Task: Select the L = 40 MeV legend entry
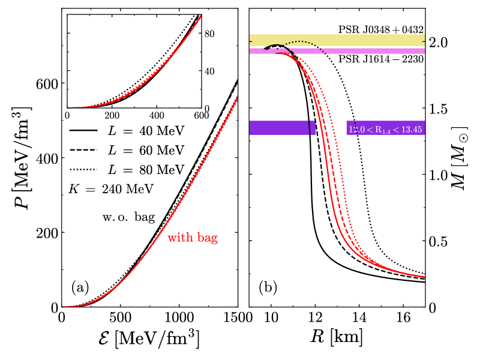[x=126, y=130]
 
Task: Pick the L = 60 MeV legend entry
[x=126, y=149]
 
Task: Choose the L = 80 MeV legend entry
[x=126, y=169]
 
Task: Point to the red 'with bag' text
[x=192, y=238]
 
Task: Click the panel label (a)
[x=80, y=287]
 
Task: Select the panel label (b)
[x=268, y=287]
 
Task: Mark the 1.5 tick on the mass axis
[x=440, y=109]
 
